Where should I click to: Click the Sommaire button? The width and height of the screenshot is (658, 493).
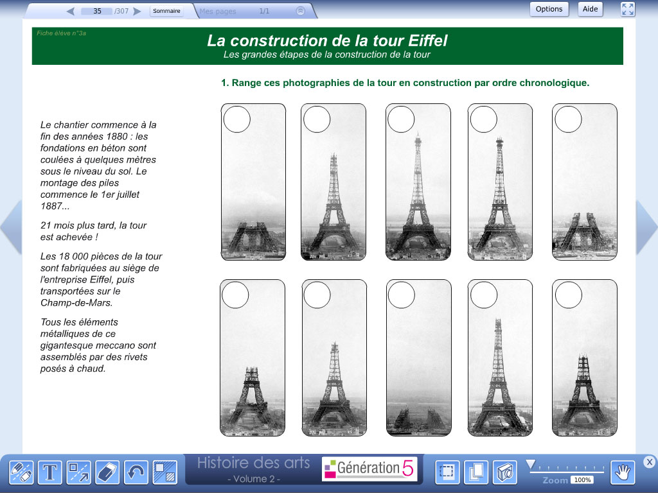click(x=166, y=11)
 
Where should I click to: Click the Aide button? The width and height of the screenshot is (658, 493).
click(x=590, y=9)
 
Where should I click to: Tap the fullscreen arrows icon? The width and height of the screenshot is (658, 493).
click(x=628, y=9)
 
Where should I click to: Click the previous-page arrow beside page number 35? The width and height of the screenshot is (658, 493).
click(x=71, y=12)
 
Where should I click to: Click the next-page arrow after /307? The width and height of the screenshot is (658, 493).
click(x=138, y=12)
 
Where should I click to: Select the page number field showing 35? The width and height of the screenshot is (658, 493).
click(x=97, y=12)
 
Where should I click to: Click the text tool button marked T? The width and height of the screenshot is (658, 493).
click(x=50, y=472)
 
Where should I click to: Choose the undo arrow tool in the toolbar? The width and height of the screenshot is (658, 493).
click(x=136, y=472)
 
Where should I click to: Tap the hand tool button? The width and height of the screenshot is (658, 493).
click(x=623, y=472)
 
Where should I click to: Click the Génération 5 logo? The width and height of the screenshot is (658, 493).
click(x=369, y=468)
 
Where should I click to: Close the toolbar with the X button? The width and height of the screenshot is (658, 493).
click(x=649, y=462)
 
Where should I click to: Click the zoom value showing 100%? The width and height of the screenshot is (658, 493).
click(x=582, y=480)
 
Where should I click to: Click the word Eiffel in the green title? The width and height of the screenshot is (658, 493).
click(x=427, y=40)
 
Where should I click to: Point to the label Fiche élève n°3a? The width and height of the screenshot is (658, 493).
click(x=61, y=33)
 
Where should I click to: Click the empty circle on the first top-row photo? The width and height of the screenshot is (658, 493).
click(x=237, y=119)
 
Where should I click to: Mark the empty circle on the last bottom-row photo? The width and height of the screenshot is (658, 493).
click(x=569, y=295)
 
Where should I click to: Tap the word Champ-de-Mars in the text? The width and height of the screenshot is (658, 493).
click(x=76, y=303)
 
